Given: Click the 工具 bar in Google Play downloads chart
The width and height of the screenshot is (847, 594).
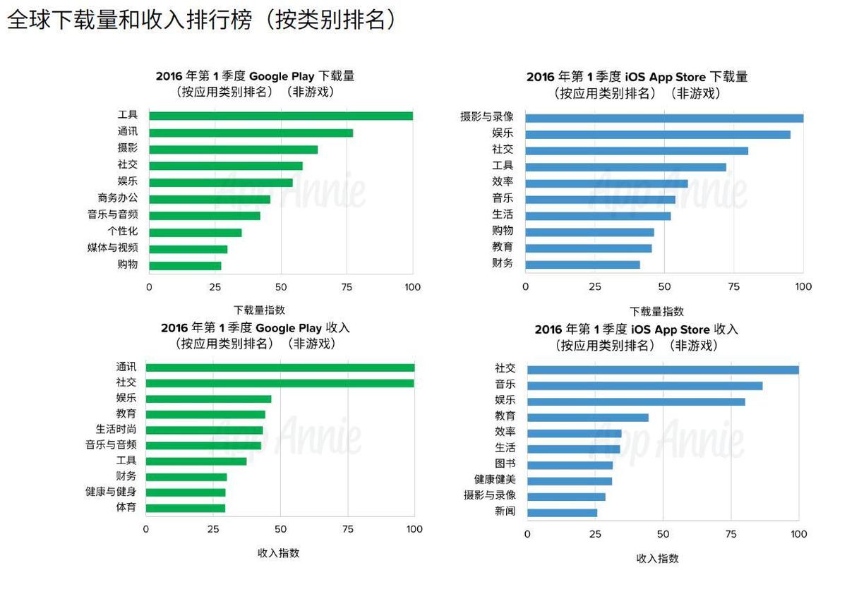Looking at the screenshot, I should [x=281, y=116].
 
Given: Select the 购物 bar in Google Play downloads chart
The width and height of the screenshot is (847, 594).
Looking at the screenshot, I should [x=185, y=266].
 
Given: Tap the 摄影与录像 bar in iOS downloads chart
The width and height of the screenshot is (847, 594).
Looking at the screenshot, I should [x=664, y=118].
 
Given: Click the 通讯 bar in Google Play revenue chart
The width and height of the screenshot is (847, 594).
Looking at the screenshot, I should [x=280, y=368].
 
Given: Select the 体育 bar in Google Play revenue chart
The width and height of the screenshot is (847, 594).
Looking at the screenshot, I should [x=186, y=508].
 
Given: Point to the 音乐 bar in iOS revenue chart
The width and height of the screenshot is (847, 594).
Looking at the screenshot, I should [x=644, y=386].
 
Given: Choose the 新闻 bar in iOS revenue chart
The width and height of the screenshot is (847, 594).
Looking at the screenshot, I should [x=562, y=513].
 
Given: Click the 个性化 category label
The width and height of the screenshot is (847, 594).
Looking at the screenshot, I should [x=123, y=232].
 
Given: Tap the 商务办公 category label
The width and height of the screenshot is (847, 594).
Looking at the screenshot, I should [x=118, y=199].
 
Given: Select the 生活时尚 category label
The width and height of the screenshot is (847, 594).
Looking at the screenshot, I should [x=116, y=429].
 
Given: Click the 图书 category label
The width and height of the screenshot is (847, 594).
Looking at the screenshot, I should [x=505, y=463].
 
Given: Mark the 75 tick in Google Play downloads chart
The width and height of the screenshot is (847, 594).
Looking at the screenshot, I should [x=347, y=287].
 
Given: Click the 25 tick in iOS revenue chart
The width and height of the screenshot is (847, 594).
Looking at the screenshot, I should [x=595, y=534].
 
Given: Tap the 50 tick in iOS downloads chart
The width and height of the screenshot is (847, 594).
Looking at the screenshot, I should [x=664, y=286].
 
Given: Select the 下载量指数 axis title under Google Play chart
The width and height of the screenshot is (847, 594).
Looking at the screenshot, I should [x=260, y=310].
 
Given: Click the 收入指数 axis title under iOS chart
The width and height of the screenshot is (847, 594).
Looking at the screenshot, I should [x=657, y=558].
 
